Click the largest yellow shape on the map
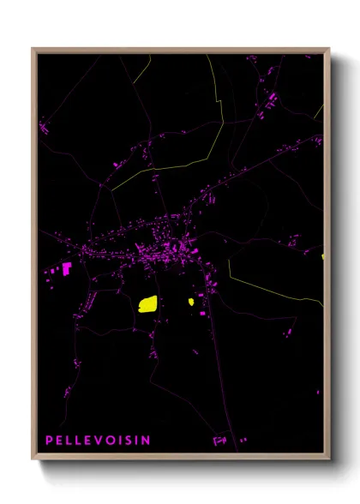[147, 303]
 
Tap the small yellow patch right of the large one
[190, 301]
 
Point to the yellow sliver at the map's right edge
[323, 255]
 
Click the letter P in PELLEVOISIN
[49, 440]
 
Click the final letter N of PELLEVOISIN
[147, 440]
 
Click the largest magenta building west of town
[66, 267]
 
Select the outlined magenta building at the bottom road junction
[219, 441]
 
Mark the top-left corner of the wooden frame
[33, 49]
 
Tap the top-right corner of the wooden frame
[329, 49]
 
